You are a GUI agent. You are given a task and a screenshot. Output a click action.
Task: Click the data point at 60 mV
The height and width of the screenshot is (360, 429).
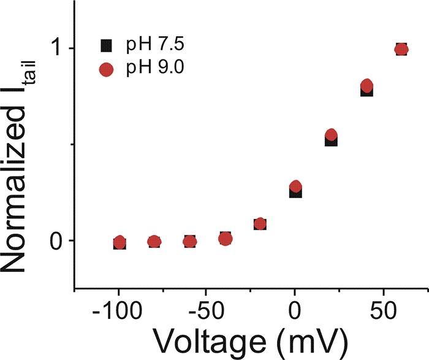pyautogui.click(x=401, y=49)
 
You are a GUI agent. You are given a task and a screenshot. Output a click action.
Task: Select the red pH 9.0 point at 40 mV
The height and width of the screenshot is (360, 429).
pyautogui.click(x=366, y=85)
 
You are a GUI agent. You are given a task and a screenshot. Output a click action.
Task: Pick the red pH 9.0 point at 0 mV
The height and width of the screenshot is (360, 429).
pyautogui.click(x=295, y=186)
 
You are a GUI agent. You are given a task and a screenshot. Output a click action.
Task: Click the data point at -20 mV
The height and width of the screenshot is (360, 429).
pyautogui.click(x=260, y=224)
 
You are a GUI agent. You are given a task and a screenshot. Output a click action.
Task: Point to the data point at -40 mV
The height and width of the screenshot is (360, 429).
pyautogui.click(x=225, y=238)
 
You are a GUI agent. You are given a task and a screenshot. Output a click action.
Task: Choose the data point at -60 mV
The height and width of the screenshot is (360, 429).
pyautogui.click(x=190, y=241)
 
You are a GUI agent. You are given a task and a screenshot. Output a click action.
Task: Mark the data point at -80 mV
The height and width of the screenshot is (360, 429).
pyautogui.click(x=154, y=242)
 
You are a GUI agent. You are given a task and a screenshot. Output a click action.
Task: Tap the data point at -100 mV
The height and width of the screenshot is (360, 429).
pyautogui.click(x=120, y=242)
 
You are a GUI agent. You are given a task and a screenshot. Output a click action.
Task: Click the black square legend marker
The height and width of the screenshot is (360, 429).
pyautogui.click(x=107, y=45)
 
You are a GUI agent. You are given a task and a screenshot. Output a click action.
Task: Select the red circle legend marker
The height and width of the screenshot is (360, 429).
pyautogui.click(x=107, y=69)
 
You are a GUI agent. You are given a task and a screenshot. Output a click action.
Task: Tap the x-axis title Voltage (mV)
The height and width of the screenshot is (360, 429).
pyautogui.click(x=250, y=339)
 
